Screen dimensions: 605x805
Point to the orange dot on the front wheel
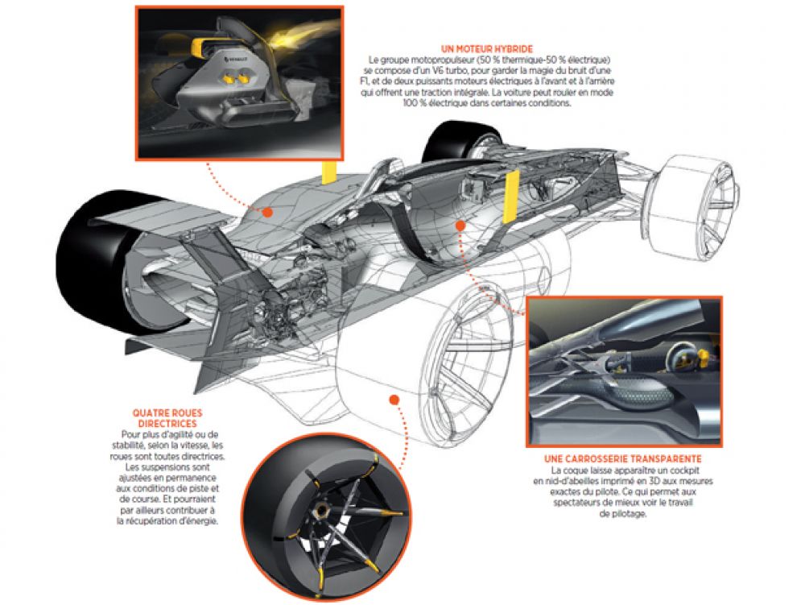393,398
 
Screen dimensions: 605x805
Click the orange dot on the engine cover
266,212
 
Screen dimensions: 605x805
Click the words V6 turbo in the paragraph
443,71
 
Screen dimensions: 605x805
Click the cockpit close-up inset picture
624,371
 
